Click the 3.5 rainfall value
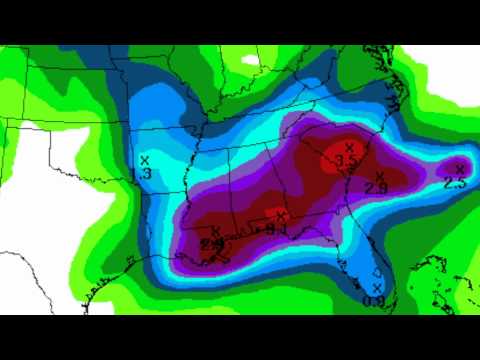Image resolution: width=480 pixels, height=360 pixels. tap(347, 160)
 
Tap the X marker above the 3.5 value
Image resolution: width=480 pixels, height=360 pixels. tap(348, 147)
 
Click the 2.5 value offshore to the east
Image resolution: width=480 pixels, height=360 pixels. tap(454, 182)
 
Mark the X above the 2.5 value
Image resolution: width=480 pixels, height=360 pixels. tap(460, 168)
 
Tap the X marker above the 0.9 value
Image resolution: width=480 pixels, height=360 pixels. tap(377, 288)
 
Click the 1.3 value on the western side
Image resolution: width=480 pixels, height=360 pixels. tap(146, 174)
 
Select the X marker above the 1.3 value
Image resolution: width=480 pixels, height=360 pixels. tap(144, 159)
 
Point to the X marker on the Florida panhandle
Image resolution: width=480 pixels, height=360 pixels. tap(281, 215)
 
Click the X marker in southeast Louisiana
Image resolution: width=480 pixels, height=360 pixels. tap(216, 231)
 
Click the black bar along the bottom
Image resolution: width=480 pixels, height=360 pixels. tap(240, 337)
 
